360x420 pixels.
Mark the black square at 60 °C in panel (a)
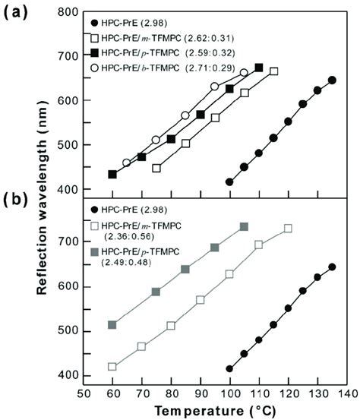(112, 174)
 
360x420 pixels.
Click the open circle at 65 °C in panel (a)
(127, 163)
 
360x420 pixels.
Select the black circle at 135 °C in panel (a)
(332, 80)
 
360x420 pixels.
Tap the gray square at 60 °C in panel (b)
(112, 324)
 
